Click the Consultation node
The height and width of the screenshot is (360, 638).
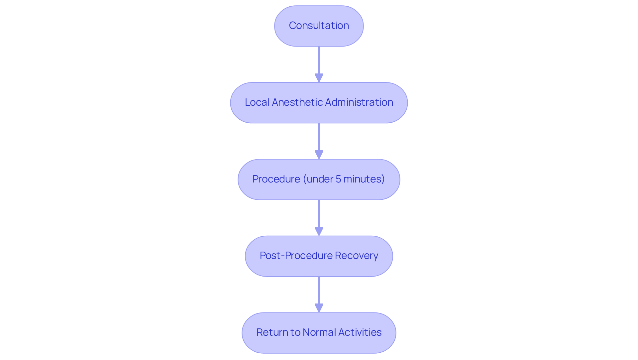319,26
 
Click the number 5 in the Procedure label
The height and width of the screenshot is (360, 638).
338,179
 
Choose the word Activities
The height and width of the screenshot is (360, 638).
360,332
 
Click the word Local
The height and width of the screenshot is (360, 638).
257,102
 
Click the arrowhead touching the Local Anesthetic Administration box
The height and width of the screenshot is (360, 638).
319,78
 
